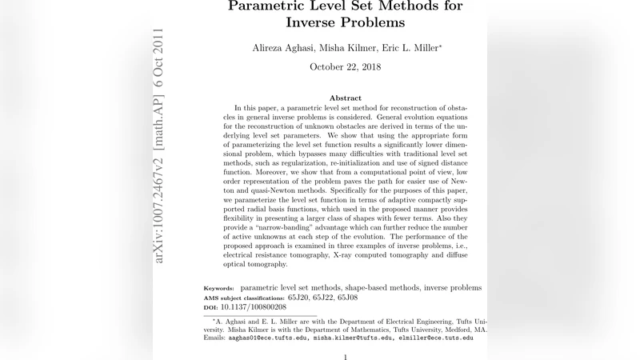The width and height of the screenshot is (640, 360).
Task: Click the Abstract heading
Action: pyautogui.click(x=346, y=98)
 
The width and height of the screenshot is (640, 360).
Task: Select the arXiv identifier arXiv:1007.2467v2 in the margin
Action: pyautogui.click(x=160, y=195)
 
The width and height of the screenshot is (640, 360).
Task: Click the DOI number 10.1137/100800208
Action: pyautogui.click(x=254, y=307)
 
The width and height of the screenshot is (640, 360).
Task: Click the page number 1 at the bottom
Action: pyautogui.click(x=345, y=358)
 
